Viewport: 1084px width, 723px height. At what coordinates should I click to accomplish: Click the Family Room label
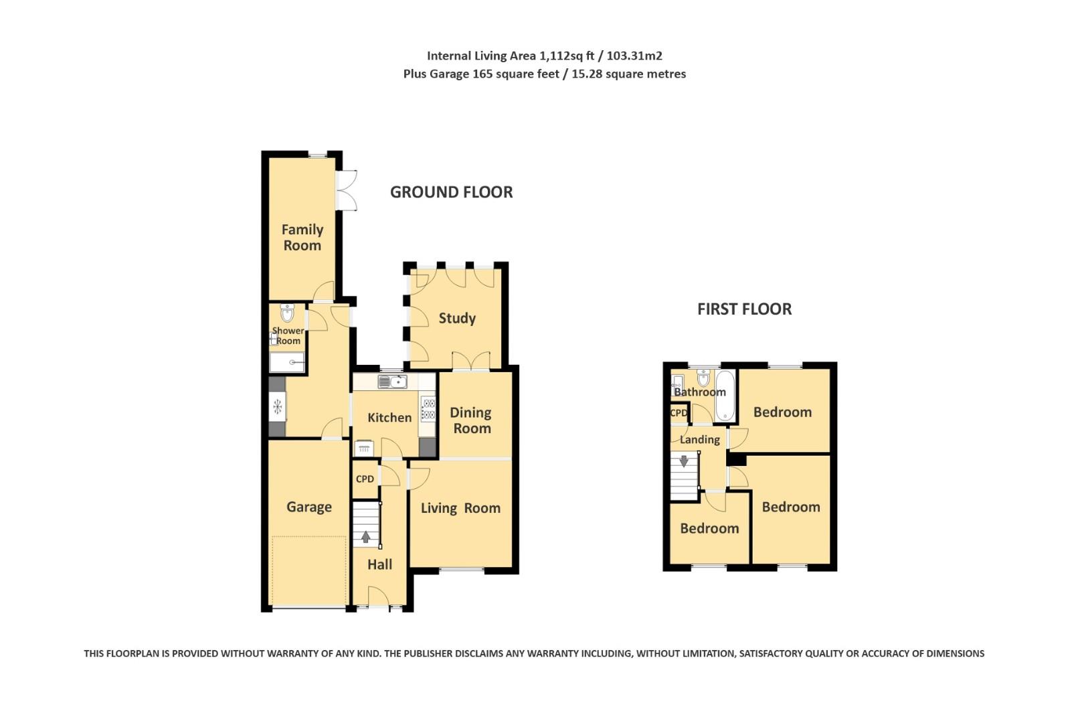tap(302, 238)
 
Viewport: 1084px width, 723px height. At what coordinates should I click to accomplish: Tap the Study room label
tap(457, 319)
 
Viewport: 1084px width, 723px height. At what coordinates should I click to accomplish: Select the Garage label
tap(308, 507)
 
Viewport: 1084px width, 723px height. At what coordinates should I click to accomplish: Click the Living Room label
tap(460, 509)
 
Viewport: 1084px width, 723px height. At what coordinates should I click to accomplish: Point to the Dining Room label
tap(471, 421)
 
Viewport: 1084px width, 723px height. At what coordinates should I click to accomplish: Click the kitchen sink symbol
tap(393, 382)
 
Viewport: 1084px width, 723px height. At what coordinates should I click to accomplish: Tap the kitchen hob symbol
tap(428, 408)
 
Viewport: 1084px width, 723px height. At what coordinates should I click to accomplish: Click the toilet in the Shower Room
tap(287, 313)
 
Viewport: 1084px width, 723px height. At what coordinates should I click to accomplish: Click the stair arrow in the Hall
tap(365, 536)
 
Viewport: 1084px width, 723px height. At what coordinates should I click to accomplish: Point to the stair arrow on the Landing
tap(684, 461)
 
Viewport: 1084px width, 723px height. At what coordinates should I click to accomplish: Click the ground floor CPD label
tap(365, 479)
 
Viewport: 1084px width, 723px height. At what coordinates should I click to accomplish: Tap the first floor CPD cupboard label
tap(679, 413)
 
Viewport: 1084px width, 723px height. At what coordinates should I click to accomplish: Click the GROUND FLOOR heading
tap(451, 192)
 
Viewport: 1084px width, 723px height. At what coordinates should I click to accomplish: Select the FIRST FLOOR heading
tap(744, 309)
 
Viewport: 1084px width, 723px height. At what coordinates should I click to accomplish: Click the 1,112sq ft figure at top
tap(567, 56)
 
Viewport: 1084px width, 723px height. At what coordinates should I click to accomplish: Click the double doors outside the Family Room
tap(347, 191)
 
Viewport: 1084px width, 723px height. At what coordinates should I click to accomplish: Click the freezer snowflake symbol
tap(277, 406)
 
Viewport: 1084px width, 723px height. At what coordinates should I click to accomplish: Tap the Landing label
tap(699, 440)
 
